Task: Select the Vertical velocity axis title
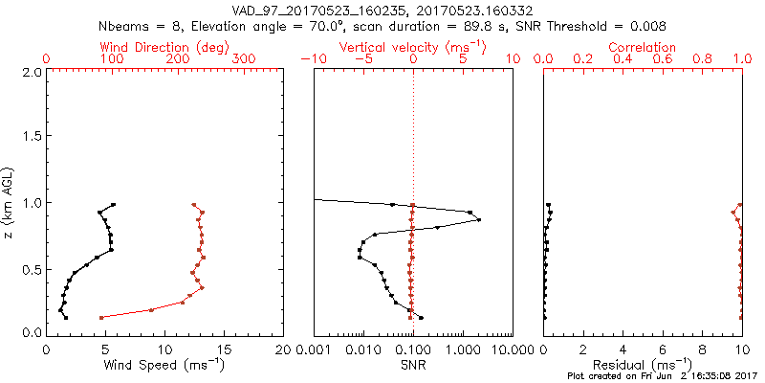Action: (413, 47)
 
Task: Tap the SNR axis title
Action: (413, 365)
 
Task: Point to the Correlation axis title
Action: (643, 47)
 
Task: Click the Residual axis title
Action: (643, 365)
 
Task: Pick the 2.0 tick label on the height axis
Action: (31, 72)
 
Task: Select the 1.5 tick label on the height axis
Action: (31, 137)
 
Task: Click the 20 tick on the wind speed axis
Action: (284, 349)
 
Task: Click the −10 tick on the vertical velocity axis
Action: (313, 59)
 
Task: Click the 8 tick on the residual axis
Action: (703, 349)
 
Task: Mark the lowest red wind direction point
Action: (101, 317)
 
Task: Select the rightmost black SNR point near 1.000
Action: (478, 219)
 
